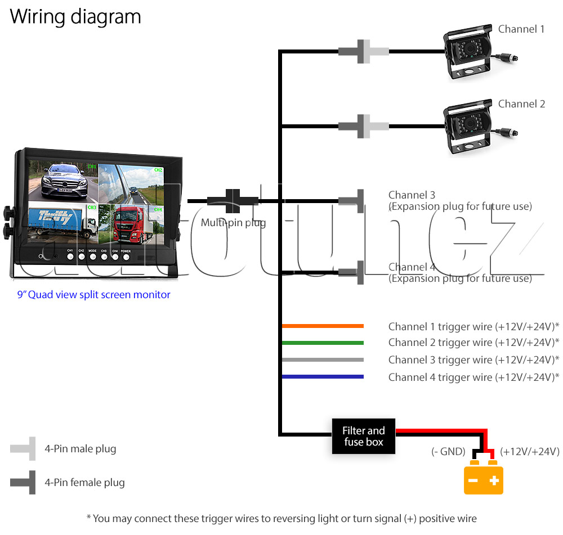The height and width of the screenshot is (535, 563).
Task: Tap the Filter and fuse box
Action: [363, 436]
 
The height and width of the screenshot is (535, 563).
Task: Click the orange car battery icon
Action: [483, 478]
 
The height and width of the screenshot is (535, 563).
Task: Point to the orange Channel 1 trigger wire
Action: [323, 326]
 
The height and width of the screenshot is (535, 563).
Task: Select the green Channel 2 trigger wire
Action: [323, 343]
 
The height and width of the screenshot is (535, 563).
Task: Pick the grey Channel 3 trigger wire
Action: [323, 359]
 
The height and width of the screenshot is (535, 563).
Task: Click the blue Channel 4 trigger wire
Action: [323, 376]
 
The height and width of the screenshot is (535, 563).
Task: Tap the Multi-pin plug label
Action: [234, 223]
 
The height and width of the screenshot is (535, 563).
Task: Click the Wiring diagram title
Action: [75, 17]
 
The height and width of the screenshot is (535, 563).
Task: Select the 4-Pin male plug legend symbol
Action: [23, 448]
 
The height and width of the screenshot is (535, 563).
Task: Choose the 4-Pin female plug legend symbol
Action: [23, 482]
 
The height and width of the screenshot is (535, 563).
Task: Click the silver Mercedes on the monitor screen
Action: [65, 181]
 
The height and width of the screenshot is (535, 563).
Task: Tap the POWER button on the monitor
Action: [126, 257]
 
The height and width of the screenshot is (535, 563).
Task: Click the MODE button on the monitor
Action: [93, 257]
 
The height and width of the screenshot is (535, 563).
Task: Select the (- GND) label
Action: [448, 451]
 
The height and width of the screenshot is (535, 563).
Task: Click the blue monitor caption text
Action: [93, 295]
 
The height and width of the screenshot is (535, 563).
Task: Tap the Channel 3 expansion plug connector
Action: [351, 201]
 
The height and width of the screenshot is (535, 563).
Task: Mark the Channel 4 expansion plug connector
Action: [351, 272]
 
